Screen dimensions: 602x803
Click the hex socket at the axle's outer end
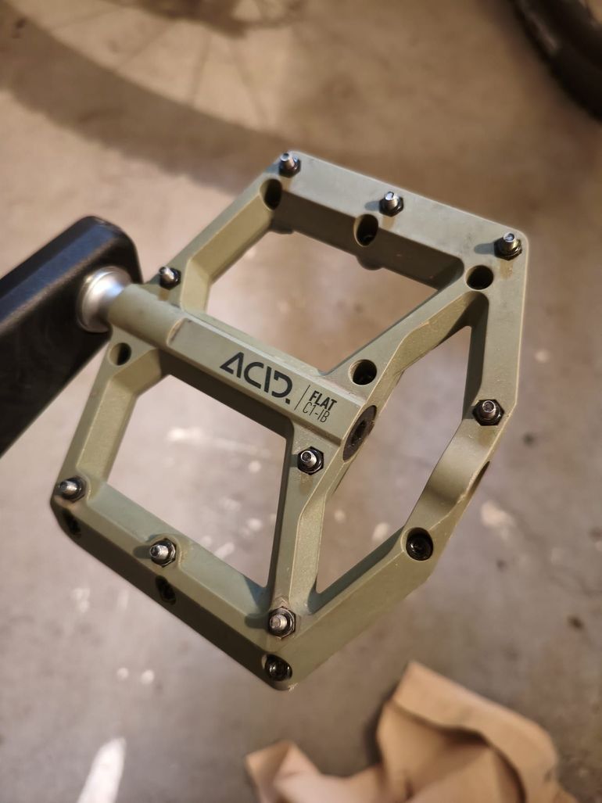point(359,432)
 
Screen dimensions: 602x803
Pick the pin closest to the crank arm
point(168,277)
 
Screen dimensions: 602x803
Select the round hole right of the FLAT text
point(364,372)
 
